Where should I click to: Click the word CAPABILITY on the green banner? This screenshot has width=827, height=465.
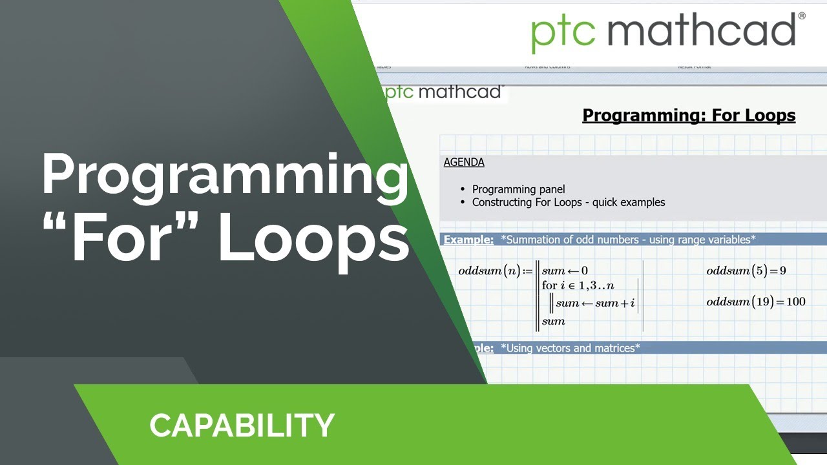pos(242,426)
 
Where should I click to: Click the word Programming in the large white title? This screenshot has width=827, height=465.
pos(225,176)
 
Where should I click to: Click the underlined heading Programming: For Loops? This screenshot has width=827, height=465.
pos(689,116)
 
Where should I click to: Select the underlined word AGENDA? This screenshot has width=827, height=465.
pos(464,162)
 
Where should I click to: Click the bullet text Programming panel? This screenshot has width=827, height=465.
pos(518,189)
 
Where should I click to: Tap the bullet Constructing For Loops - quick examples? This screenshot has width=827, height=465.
pos(568,202)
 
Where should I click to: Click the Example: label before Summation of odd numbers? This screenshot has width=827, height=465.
pos(468,240)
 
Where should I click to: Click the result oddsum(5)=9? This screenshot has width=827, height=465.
pos(746,271)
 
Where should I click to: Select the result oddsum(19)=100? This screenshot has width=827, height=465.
pos(755,302)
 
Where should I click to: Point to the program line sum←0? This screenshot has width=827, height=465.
pos(565,271)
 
